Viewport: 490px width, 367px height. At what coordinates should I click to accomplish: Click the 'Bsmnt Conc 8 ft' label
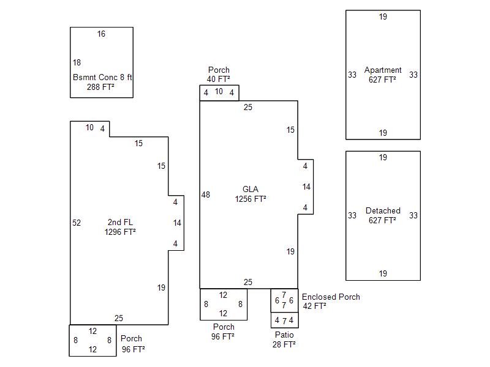pyautogui.click(x=102, y=77)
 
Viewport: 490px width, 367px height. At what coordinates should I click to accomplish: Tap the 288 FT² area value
pyautogui.click(x=101, y=87)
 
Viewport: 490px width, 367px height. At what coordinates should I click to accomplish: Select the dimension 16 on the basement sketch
pyautogui.click(x=101, y=34)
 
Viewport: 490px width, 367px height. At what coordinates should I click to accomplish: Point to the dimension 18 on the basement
pyautogui.click(x=77, y=62)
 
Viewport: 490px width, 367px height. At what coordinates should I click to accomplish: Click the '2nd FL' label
pyautogui.click(x=120, y=222)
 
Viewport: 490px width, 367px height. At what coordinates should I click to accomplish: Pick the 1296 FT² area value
pyautogui.click(x=120, y=232)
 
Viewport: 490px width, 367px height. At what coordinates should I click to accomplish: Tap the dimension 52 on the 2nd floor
pyautogui.click(x=77, y=223)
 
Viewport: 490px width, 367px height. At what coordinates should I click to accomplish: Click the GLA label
pyautogui.click(x=251, y=189)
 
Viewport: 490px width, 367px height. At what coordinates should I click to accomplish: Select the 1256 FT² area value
pyautogui.click(x=251, y=199)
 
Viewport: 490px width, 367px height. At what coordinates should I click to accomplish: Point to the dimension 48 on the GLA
pyautogui.click(x=206, y=195)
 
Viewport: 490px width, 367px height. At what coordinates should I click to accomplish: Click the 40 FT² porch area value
pyautogui.click(x=219, y=79)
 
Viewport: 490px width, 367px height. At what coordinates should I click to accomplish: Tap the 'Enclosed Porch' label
pyautogui.click(x=331, y=297)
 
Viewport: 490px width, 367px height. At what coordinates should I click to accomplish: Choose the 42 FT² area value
pyautogui.click(x=314, y=306)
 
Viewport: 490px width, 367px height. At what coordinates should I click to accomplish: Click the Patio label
pyautogui.click(x=284, y=335)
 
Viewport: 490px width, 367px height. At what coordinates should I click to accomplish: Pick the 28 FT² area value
pyautogui.click(x=284, y=344)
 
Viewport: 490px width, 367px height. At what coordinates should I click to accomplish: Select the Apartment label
pyautogui.click(x=383, y=70)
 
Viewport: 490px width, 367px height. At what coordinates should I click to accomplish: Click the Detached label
pyautogui.click(x=383, y=211)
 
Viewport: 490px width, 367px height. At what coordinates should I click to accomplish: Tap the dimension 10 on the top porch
pyautogui.click(x=219, y=92)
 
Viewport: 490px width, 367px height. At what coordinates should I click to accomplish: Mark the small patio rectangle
pyautogui.click(x=284, y=321)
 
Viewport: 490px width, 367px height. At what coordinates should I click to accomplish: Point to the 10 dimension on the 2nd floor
pyautogui.click(x=89, y=128)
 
